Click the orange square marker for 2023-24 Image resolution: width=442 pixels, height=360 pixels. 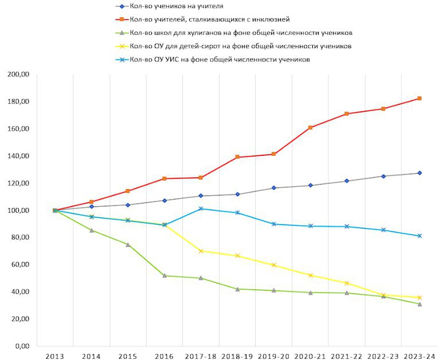420,99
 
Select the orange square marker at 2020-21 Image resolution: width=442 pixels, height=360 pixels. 310,127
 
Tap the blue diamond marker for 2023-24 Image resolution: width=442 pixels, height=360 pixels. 420,173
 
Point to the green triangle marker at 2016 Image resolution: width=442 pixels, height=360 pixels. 165,276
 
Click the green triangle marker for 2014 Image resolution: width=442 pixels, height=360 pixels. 91,230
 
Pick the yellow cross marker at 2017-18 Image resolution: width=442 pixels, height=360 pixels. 201,251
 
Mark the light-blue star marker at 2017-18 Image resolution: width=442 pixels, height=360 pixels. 201,209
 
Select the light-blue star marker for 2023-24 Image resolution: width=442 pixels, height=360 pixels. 420,236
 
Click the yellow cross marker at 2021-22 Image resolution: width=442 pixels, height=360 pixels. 347,283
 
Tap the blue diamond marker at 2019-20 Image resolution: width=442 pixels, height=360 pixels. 273,188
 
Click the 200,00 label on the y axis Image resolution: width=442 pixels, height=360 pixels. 18,75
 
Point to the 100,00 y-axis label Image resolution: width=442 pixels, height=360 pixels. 18,210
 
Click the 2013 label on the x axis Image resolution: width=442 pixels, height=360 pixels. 55,356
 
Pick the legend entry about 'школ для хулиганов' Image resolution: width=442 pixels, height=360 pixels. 241,33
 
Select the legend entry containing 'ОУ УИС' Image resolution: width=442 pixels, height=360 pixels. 220,59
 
